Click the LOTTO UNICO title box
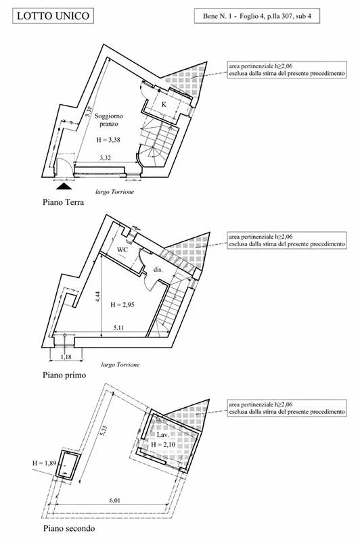tap(53, 16)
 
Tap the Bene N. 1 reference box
tap(256, 16)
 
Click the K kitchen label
tap(164, 104)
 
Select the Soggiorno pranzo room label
tap(109, 120)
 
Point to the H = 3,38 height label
tap(108, 140)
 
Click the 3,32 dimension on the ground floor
tap(106, 158)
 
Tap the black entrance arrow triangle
tap(64, 187)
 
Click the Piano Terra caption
tap(63, 202)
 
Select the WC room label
tap(122, 250)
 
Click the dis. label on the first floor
tap(158, 269)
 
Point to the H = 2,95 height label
tap(122, 305)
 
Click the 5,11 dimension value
tap(118, 328)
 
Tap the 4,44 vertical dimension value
tap(98, 297)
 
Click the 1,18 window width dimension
tap(66, 357)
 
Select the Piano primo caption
tap(64, 375)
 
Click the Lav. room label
tap(162, 435)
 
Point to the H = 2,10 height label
tap(163, 444)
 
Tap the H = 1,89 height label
tap(44, 463)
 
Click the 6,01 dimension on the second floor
tap(114, 500)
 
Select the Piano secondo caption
tap(69, 528)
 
